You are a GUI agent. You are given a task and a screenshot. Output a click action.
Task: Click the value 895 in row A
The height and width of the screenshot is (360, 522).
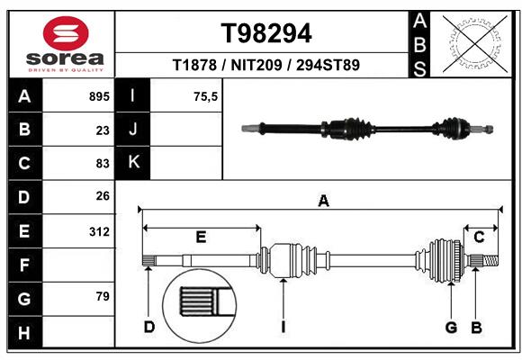(x=98, y=95)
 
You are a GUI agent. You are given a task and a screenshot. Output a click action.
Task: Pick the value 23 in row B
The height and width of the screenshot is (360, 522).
(x=102, y=130)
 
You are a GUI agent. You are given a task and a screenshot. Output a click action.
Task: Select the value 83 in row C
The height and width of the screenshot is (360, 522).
(x=102, y=164)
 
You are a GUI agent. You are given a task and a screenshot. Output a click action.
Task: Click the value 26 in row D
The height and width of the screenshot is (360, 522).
(x=102, y=197)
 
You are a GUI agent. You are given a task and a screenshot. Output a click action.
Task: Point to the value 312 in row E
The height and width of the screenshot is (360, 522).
(x=98, y=231)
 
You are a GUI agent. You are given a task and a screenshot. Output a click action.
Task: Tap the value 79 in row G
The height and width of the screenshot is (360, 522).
(x=102, y=296)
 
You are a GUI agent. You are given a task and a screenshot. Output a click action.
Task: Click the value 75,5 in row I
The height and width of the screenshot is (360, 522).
(x=205, y=95)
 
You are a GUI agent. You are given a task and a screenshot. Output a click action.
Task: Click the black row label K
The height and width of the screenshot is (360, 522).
(x=134, y=163)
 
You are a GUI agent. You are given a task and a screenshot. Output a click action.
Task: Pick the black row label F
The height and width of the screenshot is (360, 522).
(x=23, y=265)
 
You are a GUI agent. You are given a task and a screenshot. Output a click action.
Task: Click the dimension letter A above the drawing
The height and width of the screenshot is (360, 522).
(x=323, y=202)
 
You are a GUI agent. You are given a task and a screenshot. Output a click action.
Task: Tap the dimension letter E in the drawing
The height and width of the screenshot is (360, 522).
(x=201, y=237)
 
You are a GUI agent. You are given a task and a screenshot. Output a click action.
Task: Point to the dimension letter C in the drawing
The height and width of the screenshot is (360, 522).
(x=480, y=237)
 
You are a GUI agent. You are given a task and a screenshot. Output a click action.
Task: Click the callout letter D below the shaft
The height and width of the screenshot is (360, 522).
(x=149, y=327)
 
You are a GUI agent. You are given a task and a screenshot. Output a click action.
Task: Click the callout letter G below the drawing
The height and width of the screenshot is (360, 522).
(x=451, y=327)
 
